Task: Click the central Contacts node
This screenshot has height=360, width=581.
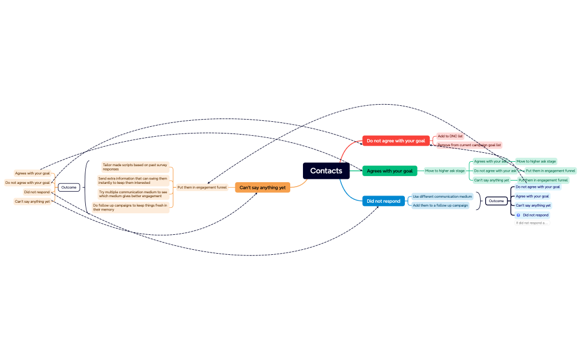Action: click(x=326, y=171)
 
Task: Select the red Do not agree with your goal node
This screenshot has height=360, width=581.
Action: click(x=395, y=141)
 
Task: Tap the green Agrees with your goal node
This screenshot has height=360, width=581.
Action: click(x=389, y=171)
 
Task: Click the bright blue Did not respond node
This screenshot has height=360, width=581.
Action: click(x=383, y=201)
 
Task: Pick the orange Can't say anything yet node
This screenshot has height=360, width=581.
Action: click(x=263, y=188)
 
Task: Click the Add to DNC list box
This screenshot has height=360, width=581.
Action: click(x=450, y=136)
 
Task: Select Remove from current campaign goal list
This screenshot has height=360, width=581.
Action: click(x=469, y=145)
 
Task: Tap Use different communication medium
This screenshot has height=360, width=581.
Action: click(x=442, y=197)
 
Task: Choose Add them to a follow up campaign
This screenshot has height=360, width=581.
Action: click(x=440, y=205)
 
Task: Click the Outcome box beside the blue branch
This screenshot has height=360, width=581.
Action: click(x=496, y=201)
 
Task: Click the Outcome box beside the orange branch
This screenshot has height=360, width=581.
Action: click(x=69, y=187)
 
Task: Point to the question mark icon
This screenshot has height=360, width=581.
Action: click(x=518, y=215)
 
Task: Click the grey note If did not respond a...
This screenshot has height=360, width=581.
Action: click(x=531, y=223)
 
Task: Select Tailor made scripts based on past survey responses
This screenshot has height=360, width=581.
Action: click(x=135, y=167)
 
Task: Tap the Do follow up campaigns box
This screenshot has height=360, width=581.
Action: click(x=130, y=207)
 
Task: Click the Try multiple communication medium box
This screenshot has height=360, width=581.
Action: click(x=133, y=194)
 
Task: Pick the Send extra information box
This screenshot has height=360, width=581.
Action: click(x=133, y=181)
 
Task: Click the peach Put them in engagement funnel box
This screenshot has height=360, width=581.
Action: click(x=202, y=187)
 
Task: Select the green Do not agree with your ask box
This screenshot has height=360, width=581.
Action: click(x=495, y=171)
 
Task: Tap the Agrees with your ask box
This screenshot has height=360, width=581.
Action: click(x=490, y=161)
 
